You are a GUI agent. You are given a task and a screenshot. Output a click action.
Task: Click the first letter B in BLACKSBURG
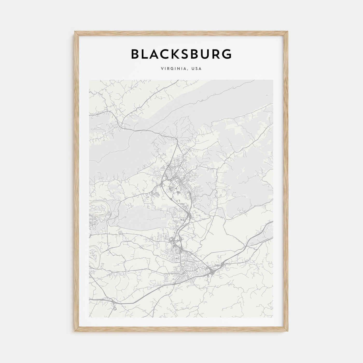[x=136, y=54]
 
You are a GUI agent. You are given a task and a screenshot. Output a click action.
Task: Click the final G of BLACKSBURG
[x=227, y=54]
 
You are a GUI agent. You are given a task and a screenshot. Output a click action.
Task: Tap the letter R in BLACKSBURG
[x=216, y=54]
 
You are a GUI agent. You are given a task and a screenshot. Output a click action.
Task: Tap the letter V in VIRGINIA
[x=162, y=69]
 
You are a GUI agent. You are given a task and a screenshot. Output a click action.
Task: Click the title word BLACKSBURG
[x=181, y=54]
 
